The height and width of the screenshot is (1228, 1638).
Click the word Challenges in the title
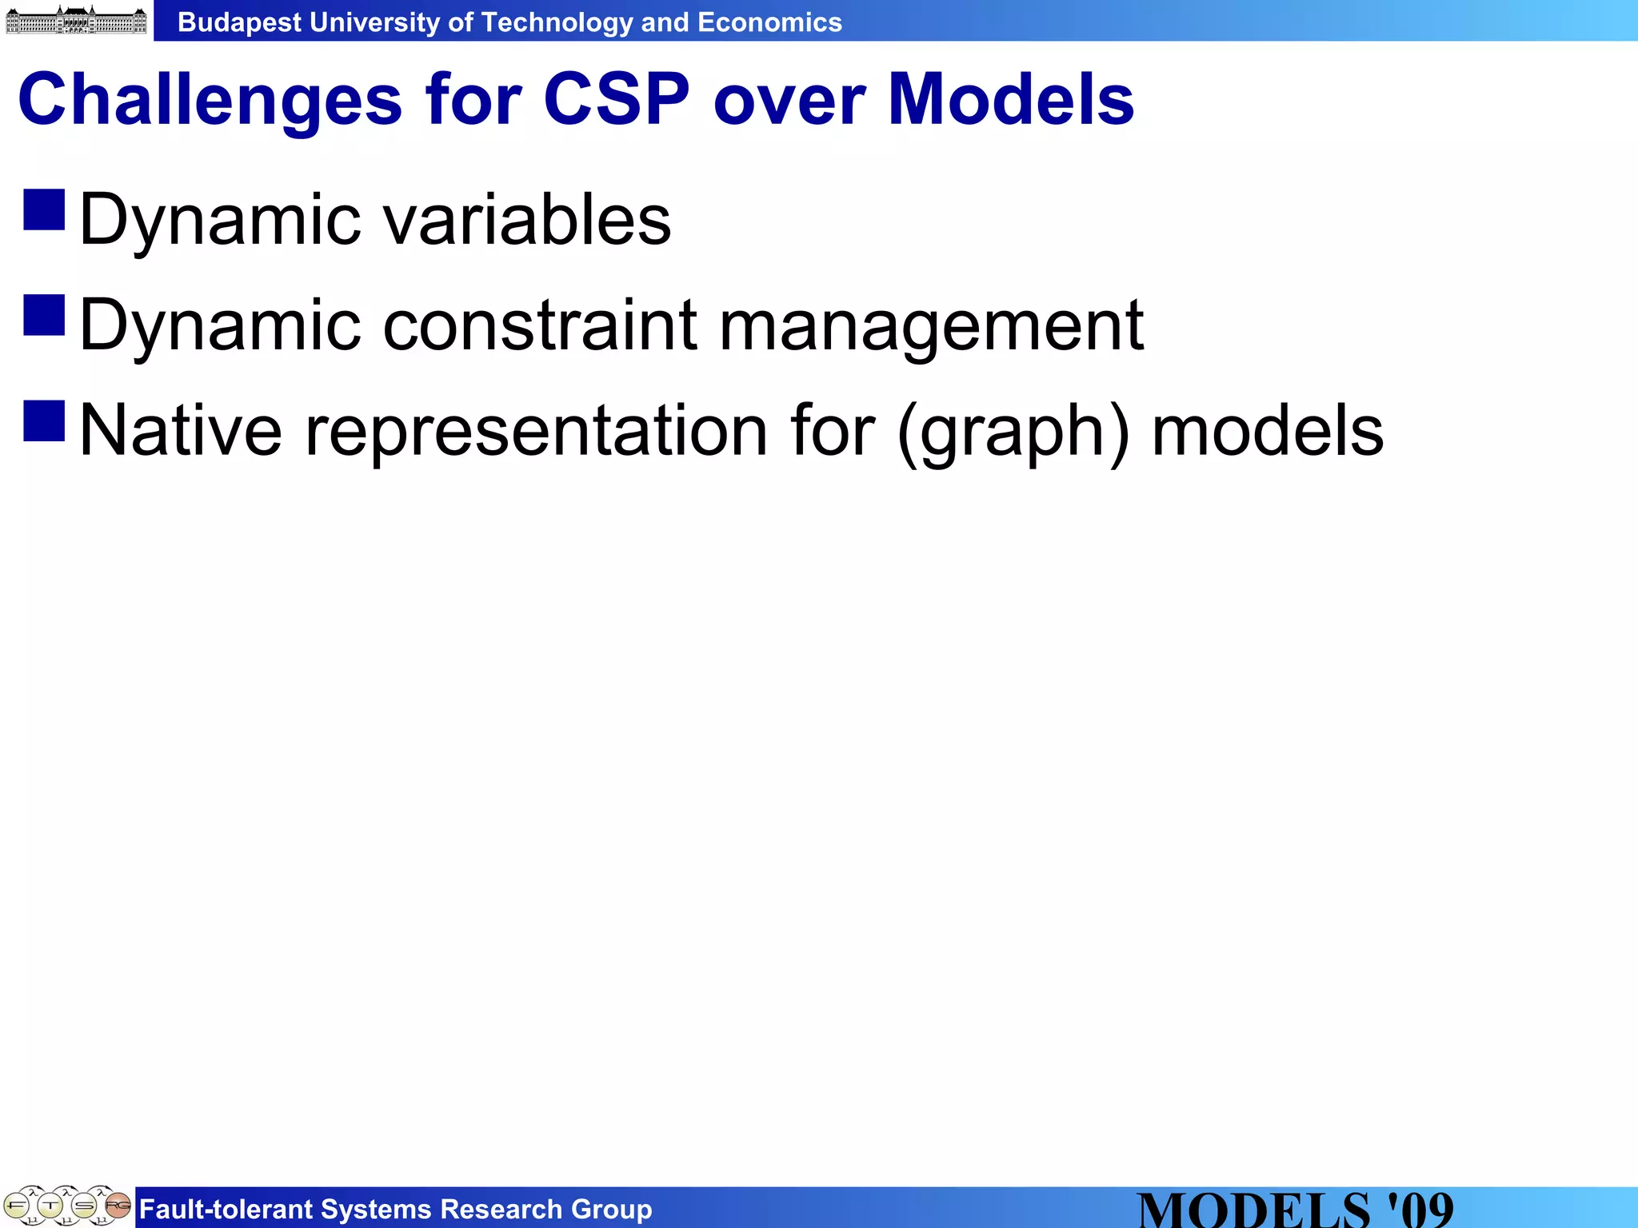tap(210, 101)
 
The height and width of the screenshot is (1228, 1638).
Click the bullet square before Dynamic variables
tap(44, 209)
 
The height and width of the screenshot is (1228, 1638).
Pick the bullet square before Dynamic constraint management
tap(44, 315)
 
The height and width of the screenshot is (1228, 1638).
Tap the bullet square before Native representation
tap(44, 421)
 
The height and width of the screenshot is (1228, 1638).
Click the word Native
tap(181, 430)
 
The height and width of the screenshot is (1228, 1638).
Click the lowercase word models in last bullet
tap(1267, 430)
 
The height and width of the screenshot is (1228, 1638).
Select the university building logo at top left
tap(76, 20)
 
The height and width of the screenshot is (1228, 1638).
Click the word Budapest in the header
tap(240, 22)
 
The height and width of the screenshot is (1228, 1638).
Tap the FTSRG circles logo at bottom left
tap(67, 1206)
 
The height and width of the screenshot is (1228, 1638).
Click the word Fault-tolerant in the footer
tap(225, 1210)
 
